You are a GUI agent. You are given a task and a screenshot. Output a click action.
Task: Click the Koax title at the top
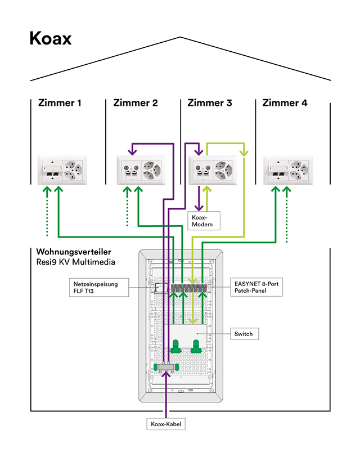[51, 39]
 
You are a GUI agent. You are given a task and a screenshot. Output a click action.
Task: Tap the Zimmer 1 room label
[60, 103]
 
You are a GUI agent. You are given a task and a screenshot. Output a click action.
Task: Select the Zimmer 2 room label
[136, 103]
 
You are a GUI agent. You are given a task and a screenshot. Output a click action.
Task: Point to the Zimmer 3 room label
[209, 103]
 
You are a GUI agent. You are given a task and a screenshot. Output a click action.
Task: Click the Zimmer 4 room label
[285, 103]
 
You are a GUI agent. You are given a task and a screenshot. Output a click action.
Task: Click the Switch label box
[244, 334]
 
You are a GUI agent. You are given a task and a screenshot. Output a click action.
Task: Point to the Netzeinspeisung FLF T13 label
[94, 288]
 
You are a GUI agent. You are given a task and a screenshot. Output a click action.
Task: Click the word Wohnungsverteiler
[73, 252]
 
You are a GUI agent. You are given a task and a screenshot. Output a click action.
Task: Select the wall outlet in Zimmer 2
[141, 169]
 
